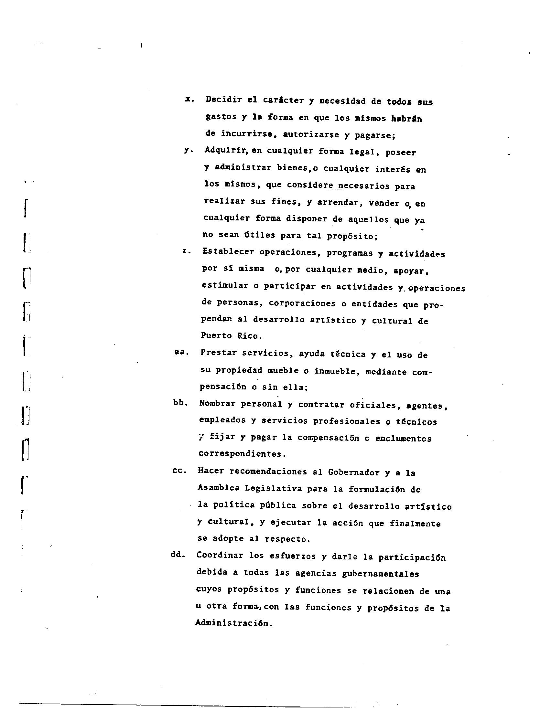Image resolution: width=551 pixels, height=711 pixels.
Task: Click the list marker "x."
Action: click(x=190, y=100)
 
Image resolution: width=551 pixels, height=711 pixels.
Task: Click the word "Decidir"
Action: click(x=224, y=100)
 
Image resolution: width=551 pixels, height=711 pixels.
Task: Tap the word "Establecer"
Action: click(x=228, y=252)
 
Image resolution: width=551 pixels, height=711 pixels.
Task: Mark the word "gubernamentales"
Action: click(x=380, y=574)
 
